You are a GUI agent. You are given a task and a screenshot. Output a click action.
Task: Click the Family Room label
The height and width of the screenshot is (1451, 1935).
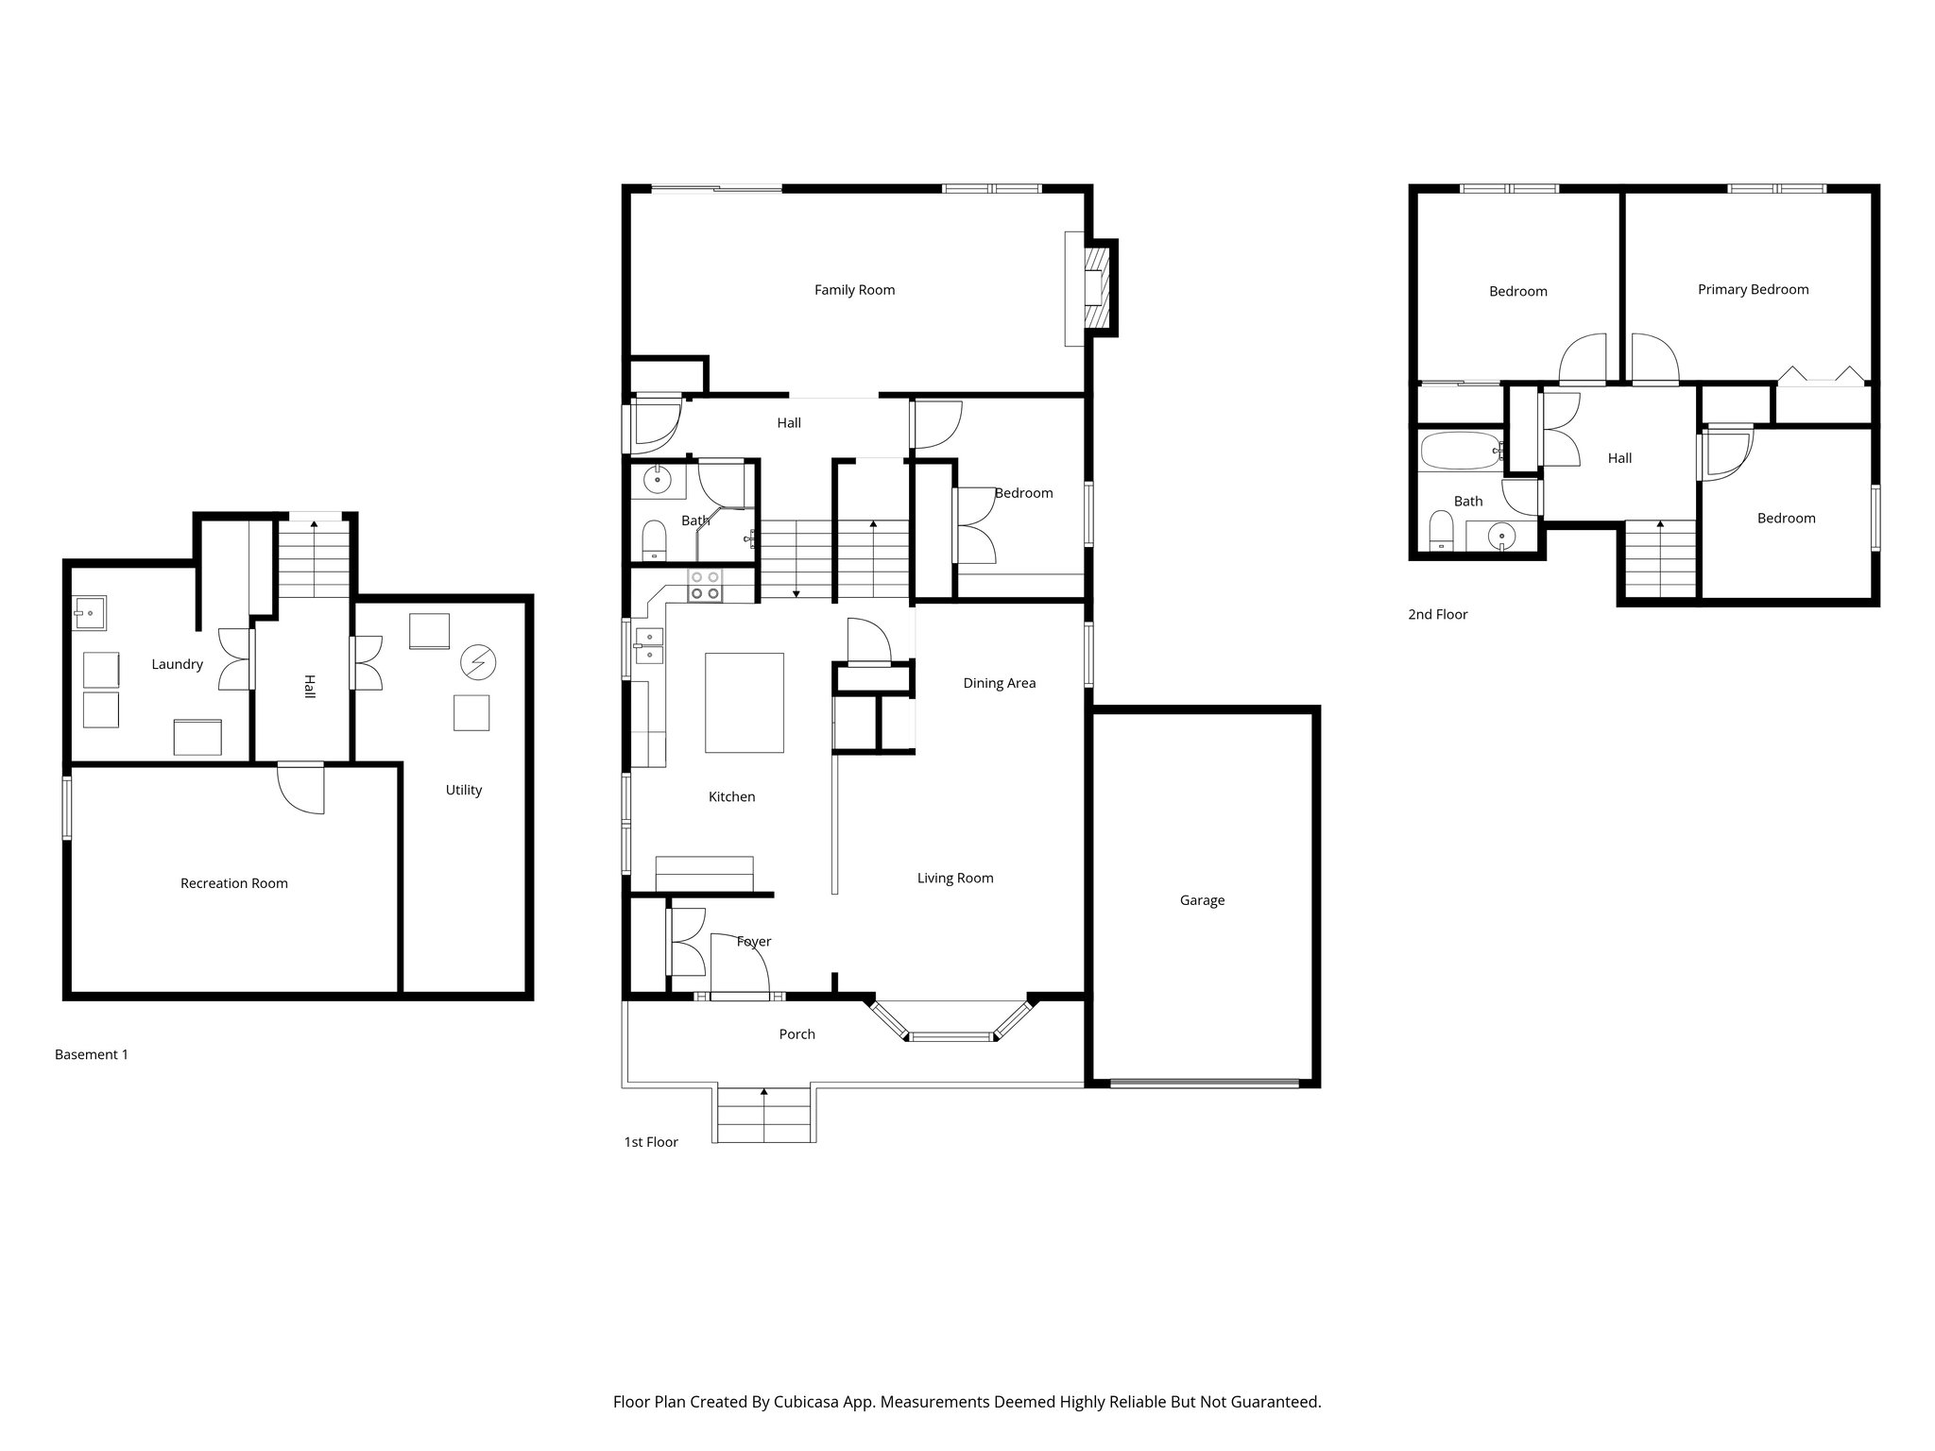coord(854,290)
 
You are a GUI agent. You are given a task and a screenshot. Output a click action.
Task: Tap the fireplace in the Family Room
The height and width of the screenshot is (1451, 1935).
coord(1095,287)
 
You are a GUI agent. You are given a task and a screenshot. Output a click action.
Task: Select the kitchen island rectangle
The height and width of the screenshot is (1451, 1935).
coord(745,703)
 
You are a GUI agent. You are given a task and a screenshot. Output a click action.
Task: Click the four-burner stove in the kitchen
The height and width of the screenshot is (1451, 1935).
coord(704,585)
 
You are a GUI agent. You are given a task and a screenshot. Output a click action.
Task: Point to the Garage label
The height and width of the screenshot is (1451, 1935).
coord(1202,900)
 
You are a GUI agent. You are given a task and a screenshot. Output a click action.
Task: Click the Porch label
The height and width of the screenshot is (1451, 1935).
coord(796,1034)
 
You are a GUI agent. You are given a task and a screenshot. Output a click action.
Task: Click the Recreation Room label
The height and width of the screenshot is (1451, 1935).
coord(233,883)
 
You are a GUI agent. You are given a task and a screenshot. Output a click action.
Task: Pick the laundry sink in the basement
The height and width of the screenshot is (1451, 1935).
coord(90,613)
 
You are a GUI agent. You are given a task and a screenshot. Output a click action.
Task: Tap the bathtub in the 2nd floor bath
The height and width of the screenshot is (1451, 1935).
coord(1460,452)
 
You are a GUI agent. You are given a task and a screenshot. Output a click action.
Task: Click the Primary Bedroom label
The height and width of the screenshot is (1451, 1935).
coord(1753,290)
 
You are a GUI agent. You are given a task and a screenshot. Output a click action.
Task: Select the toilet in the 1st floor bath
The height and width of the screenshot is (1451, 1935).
coord(654,539)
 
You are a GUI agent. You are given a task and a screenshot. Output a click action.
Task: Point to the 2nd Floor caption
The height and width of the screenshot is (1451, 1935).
coord(1437,615)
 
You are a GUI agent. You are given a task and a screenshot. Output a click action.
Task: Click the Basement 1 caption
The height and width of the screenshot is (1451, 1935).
coord(91,1054)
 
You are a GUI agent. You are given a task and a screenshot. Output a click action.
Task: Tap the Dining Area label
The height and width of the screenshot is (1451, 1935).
coord(999,683)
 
